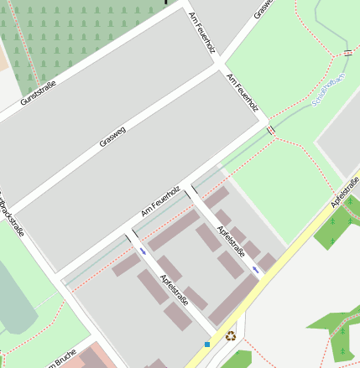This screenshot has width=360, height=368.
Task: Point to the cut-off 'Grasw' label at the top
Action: [263, 8]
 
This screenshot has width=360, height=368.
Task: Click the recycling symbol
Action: [231, 337]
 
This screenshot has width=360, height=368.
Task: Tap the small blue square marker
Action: [207, 344]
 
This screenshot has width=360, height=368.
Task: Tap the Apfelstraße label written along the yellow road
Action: [345, 192]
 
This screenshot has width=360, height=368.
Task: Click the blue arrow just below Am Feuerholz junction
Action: [143, 251]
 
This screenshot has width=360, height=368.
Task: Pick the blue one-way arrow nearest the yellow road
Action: [255, 269]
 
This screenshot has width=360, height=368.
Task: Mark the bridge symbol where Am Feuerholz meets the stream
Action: [271, 130]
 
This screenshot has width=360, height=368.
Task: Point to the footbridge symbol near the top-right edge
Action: [347, 53]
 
